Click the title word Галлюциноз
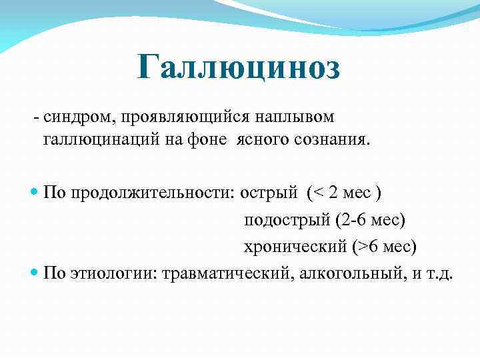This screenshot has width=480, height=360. [x=239, y=68]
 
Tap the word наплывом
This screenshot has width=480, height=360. [x=294, y=117]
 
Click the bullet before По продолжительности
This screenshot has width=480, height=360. [x=35, y=193]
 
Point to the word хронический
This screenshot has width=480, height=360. [x=295, y=246]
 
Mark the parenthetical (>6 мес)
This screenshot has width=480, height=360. [x=383, y=246]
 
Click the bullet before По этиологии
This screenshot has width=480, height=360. [x=35, y=273]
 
